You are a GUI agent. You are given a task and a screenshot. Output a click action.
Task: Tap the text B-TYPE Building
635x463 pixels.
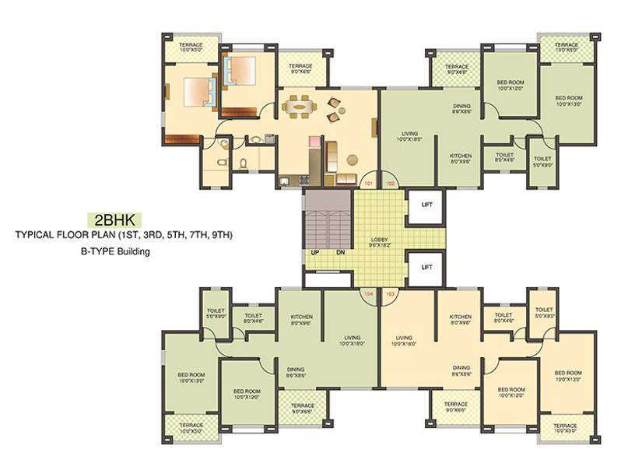click(114, 251)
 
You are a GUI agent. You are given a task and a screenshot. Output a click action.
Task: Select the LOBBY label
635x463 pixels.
click(379, 240)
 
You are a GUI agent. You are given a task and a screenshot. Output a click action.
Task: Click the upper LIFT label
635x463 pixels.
click(426, 206)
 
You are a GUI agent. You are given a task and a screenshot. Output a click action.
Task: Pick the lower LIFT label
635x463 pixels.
click(426, 267)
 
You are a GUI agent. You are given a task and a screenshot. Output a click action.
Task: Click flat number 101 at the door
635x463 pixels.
click(369, 184)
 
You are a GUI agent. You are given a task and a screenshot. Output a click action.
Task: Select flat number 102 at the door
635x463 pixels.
click(391, 184)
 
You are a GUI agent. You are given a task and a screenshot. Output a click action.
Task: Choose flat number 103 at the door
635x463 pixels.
click(391, 294)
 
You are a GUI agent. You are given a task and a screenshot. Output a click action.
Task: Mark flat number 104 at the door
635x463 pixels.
click(369, 294)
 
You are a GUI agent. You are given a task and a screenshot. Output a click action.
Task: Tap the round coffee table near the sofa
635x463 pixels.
click(352, 160)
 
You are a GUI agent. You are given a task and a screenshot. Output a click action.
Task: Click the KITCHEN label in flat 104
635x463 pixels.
click(301, 319)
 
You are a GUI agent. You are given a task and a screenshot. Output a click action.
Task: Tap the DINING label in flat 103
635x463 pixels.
click(461, 370)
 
